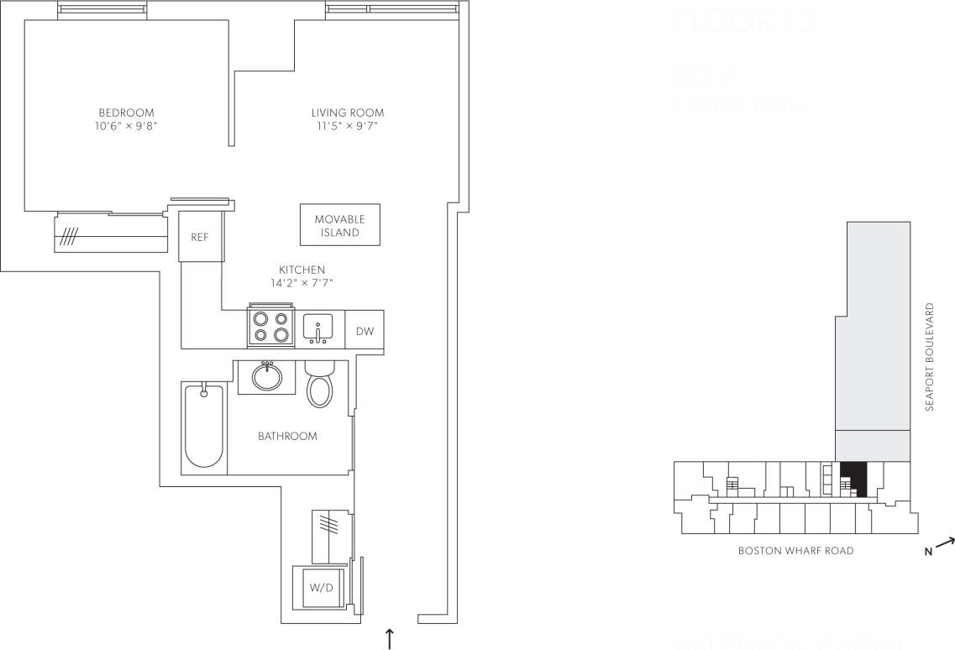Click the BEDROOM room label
[x=126, y=113]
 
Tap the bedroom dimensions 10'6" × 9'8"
[x=126, y=127]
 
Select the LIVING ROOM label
[x=348, y=113]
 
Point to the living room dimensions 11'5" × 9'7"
[x=348, y=127]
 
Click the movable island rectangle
[x=340, y=225]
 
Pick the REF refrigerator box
[x=200, y=237]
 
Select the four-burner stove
[x=270, y=327]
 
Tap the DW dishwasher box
[x=365, y=331]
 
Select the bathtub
[x=203, y=425]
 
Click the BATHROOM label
[x=287, y=436]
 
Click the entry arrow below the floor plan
[x=390, y=637]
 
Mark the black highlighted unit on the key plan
[x=853, y=479]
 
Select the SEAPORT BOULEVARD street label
[x=929, y=357]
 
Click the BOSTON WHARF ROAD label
[x=795, y=551]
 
